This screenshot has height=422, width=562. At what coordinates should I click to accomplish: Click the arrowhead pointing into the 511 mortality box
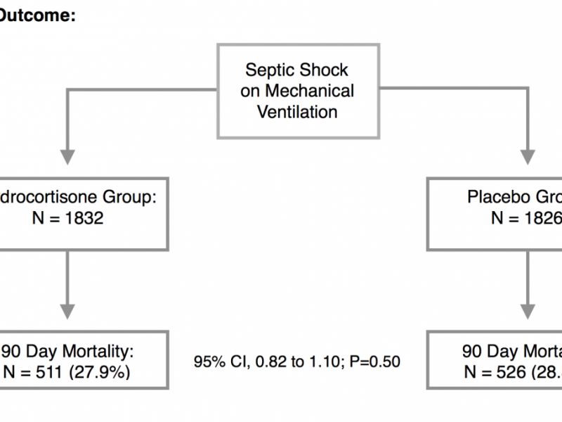pyautogui.click(x=67, y=312)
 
